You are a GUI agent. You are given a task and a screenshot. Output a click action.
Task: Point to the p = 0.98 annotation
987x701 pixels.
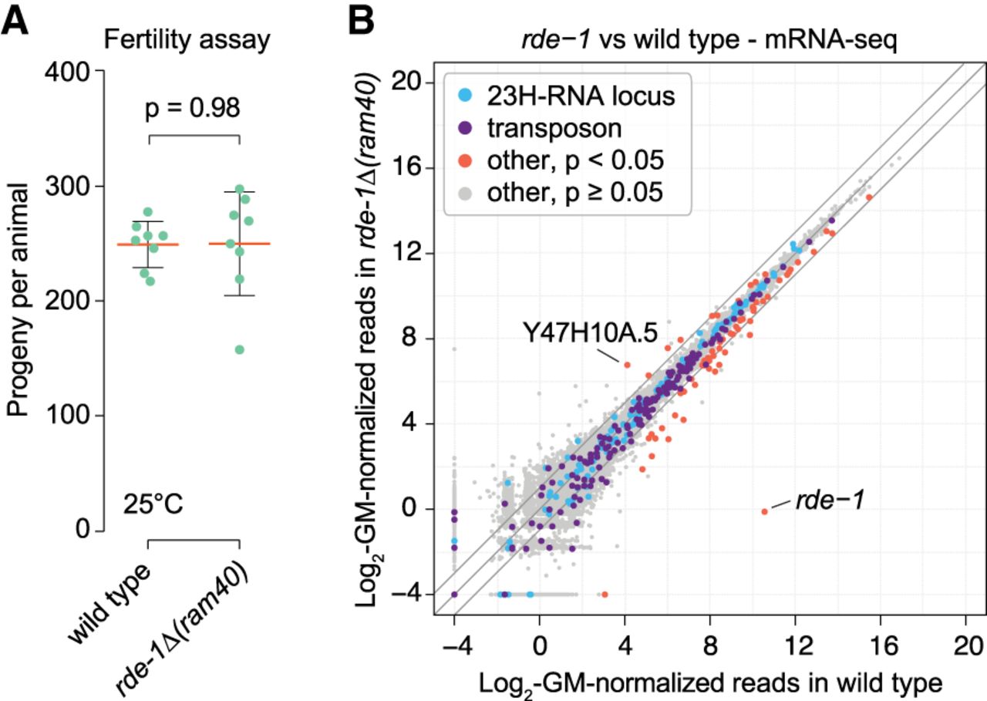[193, 109]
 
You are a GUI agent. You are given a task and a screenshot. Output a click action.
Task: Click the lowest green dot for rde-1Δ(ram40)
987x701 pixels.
[240, 349]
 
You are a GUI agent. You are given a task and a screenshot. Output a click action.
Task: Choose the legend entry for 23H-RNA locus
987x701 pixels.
[578, 96]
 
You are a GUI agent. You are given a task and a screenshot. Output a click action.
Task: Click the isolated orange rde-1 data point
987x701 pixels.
[764, 511]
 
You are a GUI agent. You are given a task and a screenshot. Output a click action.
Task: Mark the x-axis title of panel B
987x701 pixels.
[710, 682]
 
